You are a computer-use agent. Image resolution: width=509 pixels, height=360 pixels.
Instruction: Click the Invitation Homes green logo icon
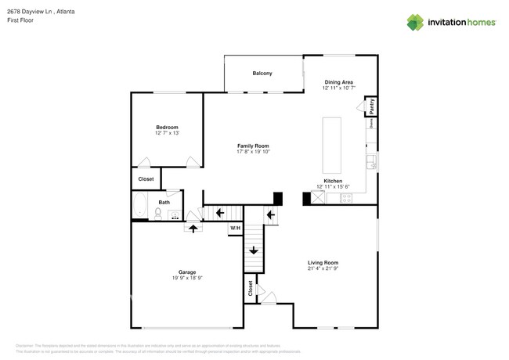[414, 22]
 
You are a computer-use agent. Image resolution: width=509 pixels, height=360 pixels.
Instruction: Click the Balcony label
[262, 74]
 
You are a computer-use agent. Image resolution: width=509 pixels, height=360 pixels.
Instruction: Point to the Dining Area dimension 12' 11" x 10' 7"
[338, 88]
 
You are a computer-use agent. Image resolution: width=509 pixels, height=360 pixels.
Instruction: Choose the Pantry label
[372, 106]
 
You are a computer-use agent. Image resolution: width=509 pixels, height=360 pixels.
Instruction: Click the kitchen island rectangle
[332, 146]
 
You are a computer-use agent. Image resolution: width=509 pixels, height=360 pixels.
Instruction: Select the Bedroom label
[167, 128]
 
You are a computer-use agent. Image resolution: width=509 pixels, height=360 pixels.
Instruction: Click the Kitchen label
[334, 180]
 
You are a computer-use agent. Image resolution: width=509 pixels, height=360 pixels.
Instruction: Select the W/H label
[234, 228]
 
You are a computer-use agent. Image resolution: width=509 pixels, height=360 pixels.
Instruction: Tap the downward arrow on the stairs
[254, 250]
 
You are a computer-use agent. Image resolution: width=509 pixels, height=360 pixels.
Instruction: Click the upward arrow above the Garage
[193, 227]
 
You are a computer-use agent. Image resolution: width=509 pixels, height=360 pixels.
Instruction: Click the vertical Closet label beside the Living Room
[251, 289]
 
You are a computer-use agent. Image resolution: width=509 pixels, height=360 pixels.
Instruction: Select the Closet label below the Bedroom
[146, 179]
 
